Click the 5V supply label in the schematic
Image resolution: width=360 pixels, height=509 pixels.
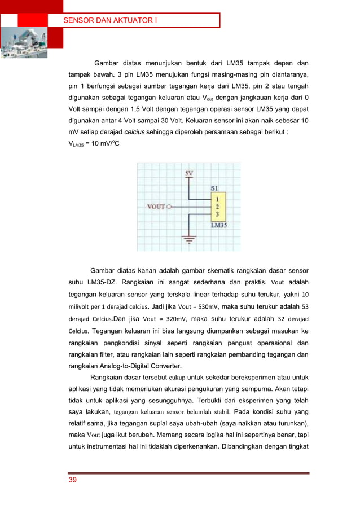[x=190, y=173]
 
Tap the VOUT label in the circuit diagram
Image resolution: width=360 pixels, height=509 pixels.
[x=156, y=207]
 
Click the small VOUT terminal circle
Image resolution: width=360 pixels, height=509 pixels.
[x=169, y=207]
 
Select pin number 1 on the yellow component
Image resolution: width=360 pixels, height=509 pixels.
[x=217, y=199]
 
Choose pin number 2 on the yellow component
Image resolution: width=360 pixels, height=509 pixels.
[x=217, y=207]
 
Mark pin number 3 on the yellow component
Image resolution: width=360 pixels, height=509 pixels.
[x=217, y=214]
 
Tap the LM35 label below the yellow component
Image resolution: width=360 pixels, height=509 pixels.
[x=220, y=225]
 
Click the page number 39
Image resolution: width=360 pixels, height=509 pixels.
[x=73, y=480]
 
